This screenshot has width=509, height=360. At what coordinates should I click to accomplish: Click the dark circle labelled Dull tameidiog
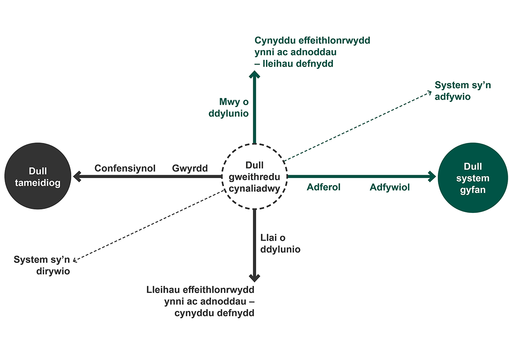coord(38,176)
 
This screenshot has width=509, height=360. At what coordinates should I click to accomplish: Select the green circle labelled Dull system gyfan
coord(473,178)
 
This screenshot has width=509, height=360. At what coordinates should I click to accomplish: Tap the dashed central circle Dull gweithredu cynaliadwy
coord(255,144)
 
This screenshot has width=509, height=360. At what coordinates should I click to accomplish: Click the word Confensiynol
coord(125,168)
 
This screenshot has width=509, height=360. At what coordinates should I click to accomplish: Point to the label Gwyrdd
coord(190,168)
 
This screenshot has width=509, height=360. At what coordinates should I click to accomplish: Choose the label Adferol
coord(324,187)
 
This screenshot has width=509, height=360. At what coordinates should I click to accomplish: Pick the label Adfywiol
coord(390,187)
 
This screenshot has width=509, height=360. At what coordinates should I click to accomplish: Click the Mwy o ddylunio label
coord(229,108)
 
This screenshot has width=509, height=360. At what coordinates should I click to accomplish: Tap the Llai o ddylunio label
coord(280,243)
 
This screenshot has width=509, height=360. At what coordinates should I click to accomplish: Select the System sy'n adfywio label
coord(463,91)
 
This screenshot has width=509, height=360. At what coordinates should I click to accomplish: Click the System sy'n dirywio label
coord(42,265)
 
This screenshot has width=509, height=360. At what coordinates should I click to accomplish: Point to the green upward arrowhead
coord(255,75)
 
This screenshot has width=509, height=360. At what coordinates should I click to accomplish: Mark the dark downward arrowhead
coord(255,278)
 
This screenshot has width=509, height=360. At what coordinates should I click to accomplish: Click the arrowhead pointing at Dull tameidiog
coord(77,176)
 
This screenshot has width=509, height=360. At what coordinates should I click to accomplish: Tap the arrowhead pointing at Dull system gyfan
coord(432,176)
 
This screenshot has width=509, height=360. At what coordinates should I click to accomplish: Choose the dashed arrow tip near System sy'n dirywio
coord(74,261)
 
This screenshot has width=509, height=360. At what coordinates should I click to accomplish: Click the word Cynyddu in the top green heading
coord(275,41)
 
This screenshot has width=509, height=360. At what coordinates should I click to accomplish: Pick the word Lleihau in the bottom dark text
coord(163,290)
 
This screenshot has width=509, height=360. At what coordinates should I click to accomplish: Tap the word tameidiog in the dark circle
coord(38,183)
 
